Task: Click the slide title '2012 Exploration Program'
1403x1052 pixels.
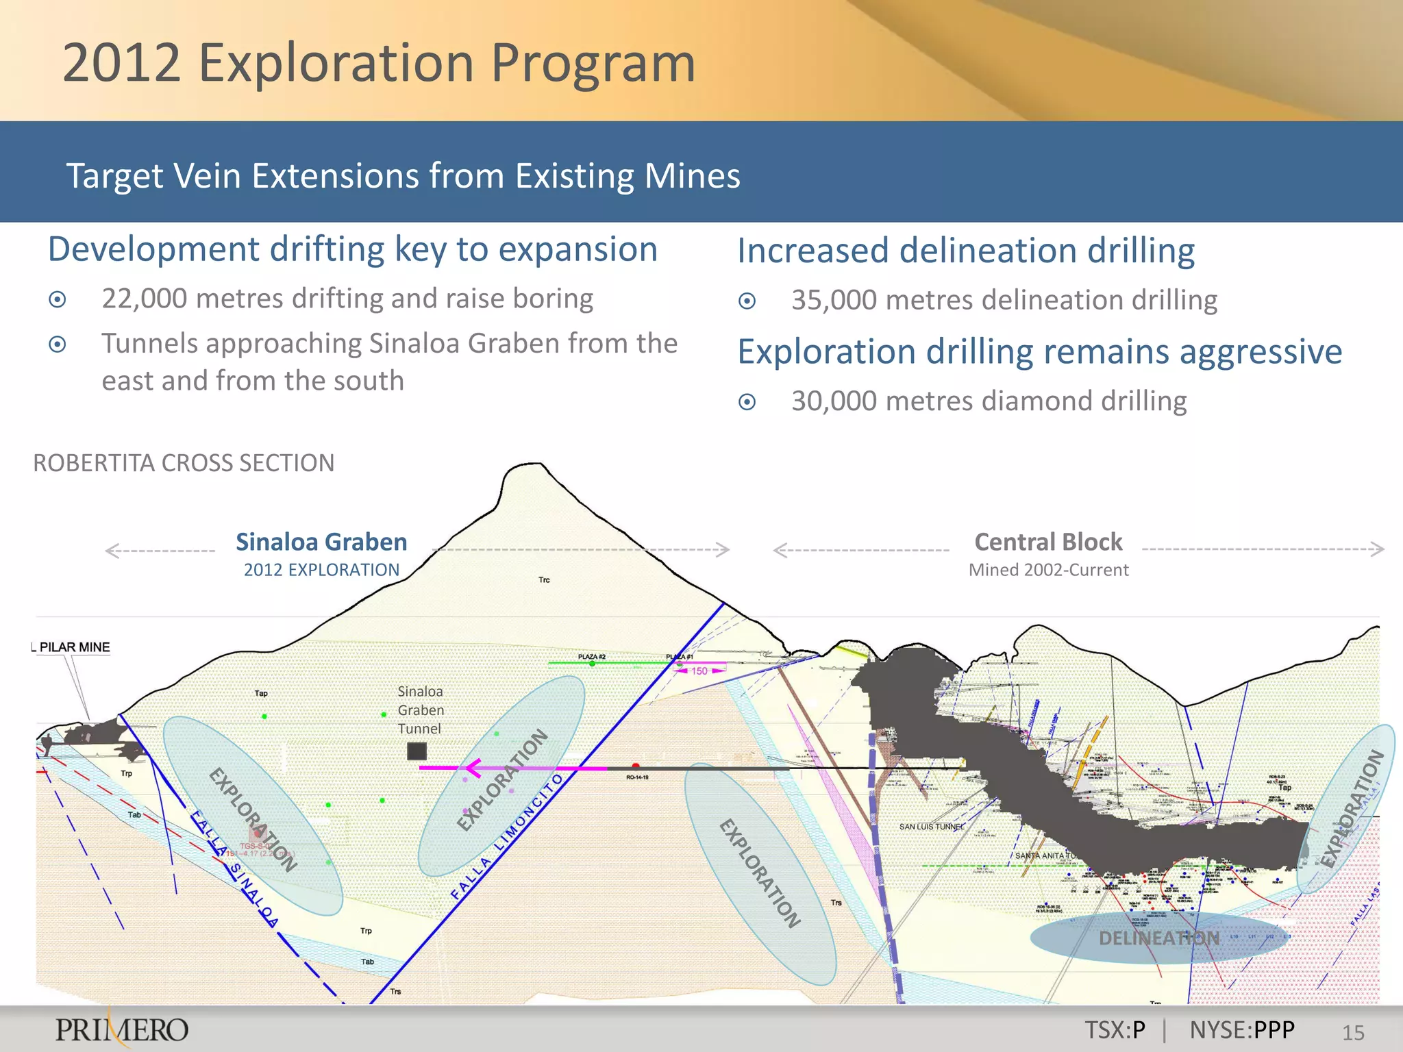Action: (x=379, y=63)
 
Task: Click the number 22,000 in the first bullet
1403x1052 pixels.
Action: (x=144, y=299)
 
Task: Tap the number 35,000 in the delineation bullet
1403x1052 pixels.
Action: (x=834, y=300)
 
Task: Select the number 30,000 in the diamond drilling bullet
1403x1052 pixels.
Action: (x=834, y=401)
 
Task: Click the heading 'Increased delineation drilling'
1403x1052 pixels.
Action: (x=966, y=251)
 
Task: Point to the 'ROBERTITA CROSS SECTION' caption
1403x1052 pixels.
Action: (x=184, y=463)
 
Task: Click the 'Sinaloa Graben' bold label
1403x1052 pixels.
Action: (x=321, y=542)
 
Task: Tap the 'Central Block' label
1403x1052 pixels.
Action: (x=1048, y=542)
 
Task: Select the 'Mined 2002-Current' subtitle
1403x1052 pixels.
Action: (x=1048, y=570)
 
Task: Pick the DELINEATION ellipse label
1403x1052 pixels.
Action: (x=1159, y=938)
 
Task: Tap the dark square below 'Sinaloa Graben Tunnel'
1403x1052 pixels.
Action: (x=417, y=751)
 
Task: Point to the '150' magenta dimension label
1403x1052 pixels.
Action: (x=699, y=671)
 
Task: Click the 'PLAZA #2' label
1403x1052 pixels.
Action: (x=591, y=657)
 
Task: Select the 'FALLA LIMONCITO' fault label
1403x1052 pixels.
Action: (x=507, y=836)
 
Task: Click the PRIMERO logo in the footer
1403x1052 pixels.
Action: (x=122, y=1029)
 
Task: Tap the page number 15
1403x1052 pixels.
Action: (x=1353, y=1033)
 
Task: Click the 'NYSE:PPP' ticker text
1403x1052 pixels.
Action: (x=1242, y=1030)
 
